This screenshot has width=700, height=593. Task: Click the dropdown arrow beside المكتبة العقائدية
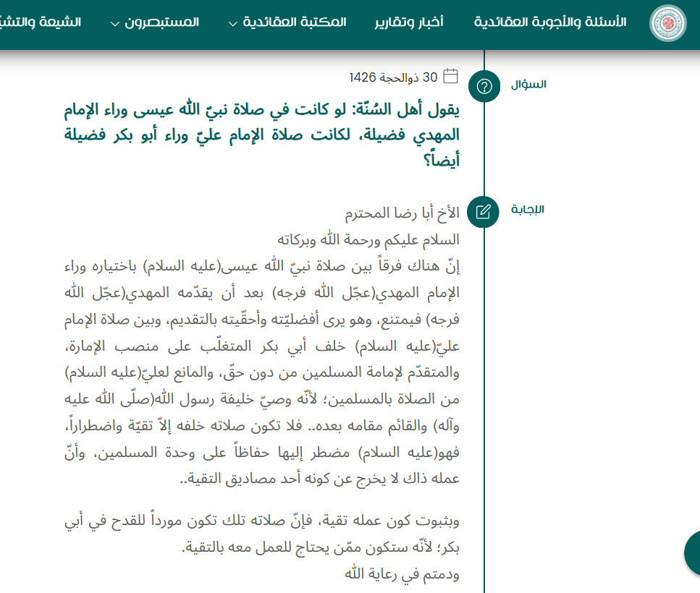232,23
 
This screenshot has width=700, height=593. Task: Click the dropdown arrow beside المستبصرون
115,23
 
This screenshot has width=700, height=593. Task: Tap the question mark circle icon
485,87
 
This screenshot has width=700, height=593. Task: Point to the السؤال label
528,85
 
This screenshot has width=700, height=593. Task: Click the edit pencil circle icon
485,212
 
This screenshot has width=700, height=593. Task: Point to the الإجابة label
528,210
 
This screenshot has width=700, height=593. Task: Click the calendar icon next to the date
450,76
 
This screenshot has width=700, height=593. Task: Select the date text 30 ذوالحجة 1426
393,77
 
